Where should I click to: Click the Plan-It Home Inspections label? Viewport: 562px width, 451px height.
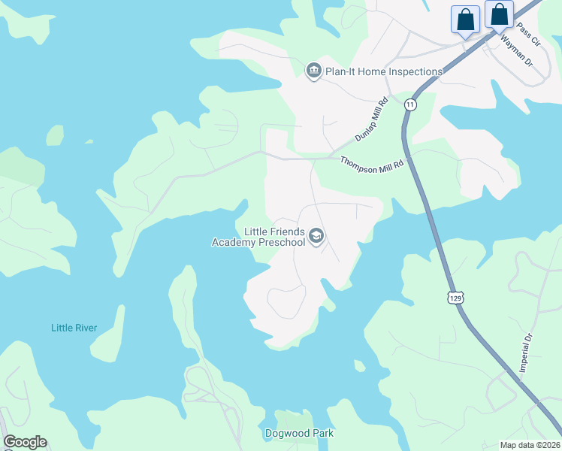click(x=384, y=71)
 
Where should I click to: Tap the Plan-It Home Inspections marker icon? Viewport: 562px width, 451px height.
click(x=313, y=71)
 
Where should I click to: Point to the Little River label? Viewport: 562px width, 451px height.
click(x=74, y=328)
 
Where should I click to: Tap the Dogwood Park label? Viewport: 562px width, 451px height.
click(x=299, y=434)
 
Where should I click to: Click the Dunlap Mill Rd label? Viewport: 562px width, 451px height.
click(x=371, y=119)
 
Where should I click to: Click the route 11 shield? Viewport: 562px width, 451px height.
click(x=409, y=104)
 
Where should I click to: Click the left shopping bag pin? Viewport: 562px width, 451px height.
click(x=465, y=19)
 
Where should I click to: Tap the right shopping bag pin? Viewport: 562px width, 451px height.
click(x=499, y=15)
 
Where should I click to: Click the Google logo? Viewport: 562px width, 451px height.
click(x=25, y=442)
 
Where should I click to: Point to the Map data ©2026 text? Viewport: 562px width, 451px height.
click(x=530, y=444)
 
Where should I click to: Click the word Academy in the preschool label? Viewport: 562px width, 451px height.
click(x=234, y=242)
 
